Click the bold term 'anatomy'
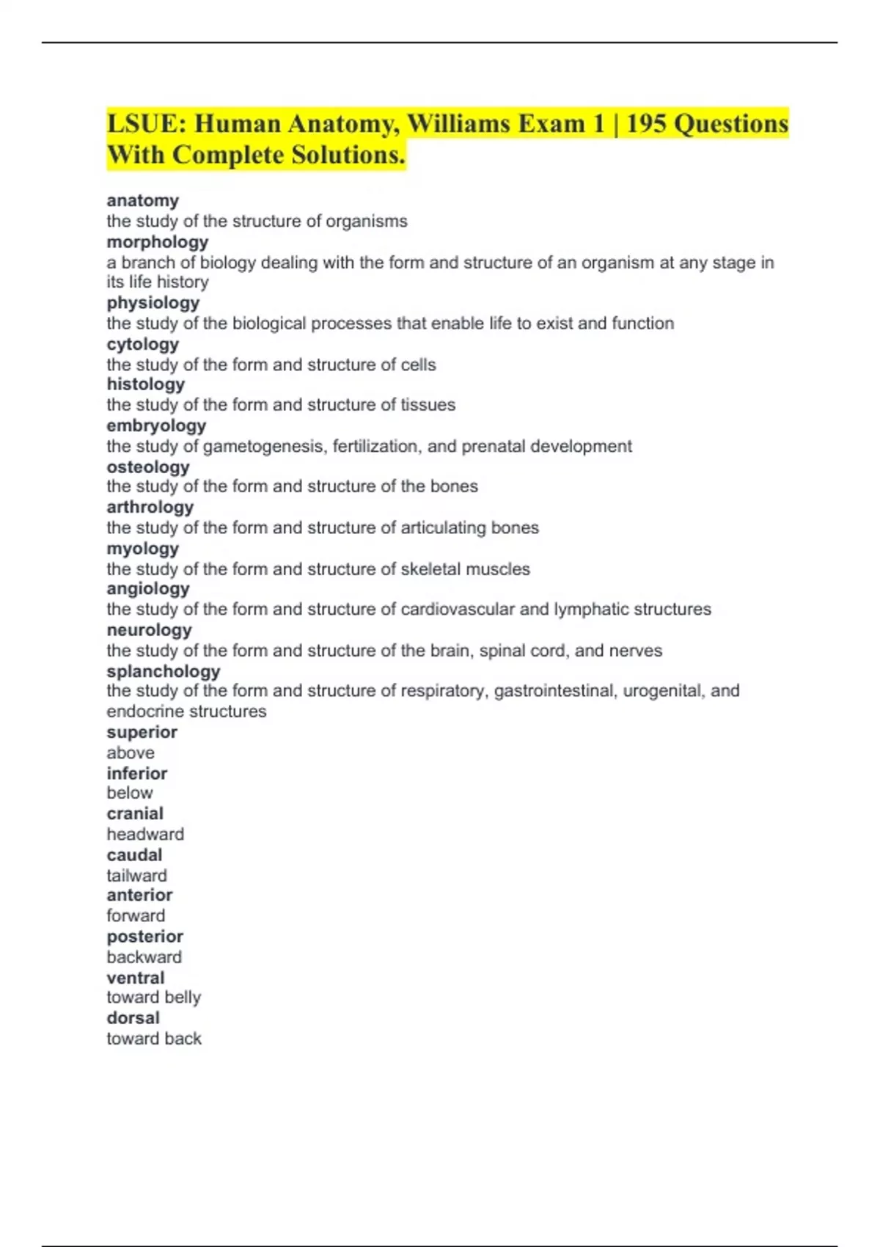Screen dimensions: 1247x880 (142, 200)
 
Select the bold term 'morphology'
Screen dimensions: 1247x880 (157, 242)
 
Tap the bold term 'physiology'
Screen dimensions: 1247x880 (153, 303)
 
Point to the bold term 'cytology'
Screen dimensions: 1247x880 (142, 344)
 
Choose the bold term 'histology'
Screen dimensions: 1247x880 (145, 384)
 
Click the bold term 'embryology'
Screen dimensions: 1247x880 (156, 426)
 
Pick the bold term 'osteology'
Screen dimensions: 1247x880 (147, 467)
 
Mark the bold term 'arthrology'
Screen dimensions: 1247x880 (150, 508)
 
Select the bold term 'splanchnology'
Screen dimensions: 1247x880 (163, 671)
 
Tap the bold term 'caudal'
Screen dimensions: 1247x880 (134, 855)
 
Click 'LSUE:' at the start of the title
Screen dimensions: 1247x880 (147, 124)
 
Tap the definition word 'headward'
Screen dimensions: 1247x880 (145, 834)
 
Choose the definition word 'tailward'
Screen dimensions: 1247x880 (136, 876)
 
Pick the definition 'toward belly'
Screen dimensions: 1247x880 (153, 998)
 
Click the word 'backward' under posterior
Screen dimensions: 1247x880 (144, 957)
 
